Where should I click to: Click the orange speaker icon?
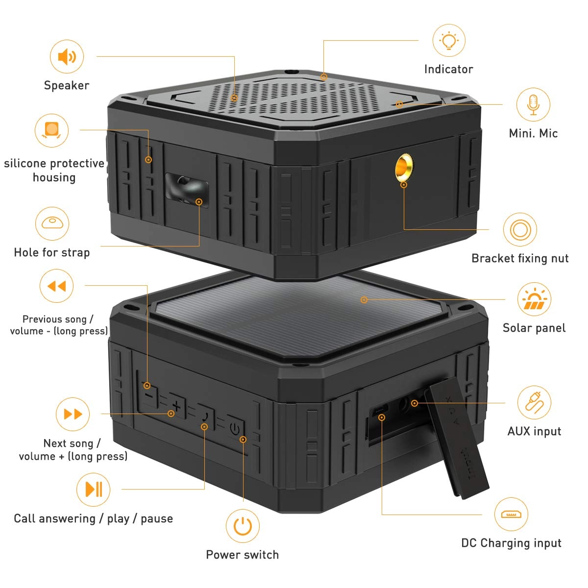point(67,57)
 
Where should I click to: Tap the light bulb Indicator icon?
point(449,41)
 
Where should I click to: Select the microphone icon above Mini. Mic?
point(533,104)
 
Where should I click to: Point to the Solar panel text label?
point(534,328)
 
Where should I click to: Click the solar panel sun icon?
point(534,299)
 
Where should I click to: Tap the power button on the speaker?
point(235,429)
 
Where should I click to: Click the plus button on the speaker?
point(176,406)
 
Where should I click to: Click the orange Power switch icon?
point(243,526)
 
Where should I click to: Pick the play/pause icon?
point(94,489)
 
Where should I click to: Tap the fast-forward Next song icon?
point(73,415)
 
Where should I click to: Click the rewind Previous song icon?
point(56,286)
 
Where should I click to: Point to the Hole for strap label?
point(52,253)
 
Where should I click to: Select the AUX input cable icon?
point(534,402)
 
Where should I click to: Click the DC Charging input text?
point(511,543)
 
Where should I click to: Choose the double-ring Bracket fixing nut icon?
point(520,229)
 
